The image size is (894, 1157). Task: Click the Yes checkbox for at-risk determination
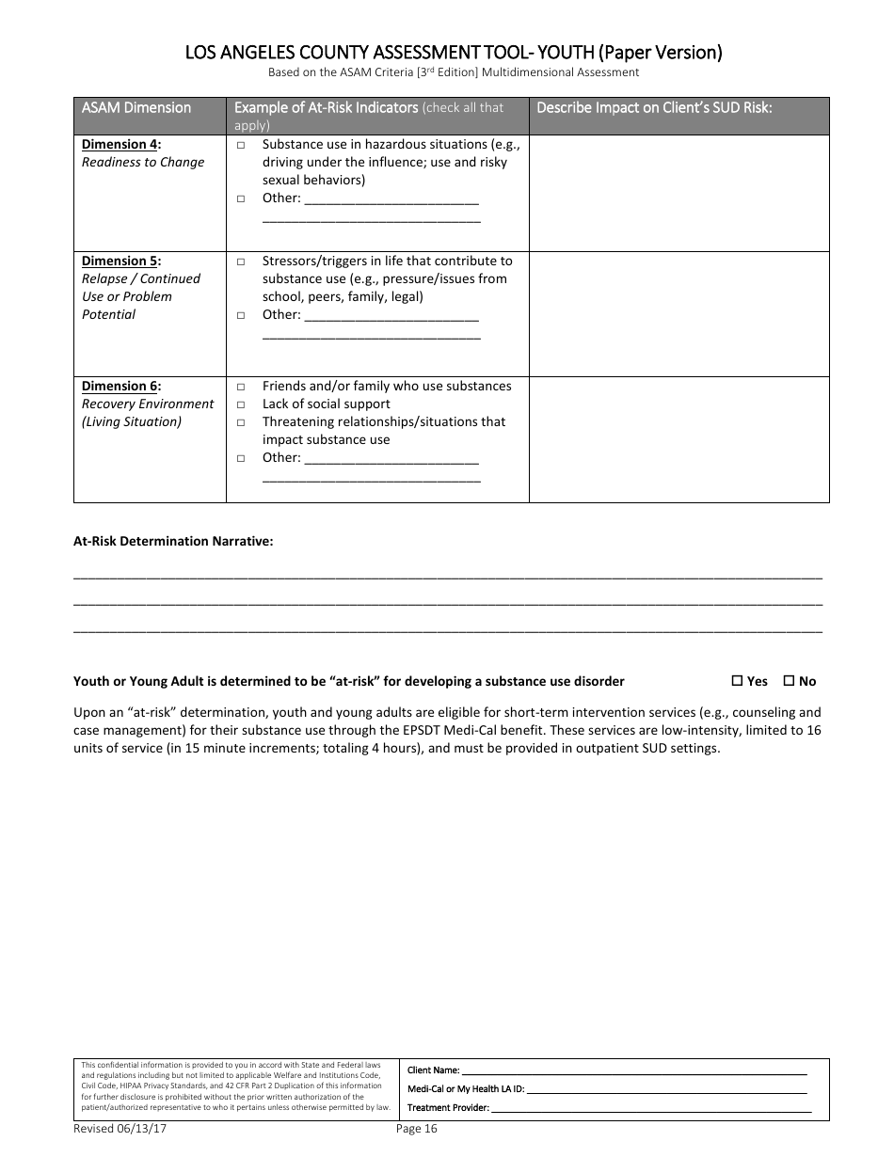[738, 681]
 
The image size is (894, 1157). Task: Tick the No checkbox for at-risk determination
[790, 681]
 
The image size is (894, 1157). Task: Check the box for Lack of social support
[241, 404]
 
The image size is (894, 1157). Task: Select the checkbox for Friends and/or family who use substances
[241, 387]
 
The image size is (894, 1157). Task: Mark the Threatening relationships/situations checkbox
[241, 422]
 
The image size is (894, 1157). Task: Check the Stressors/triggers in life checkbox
[241, 262]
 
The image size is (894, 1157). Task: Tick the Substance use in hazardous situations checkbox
[241, 145]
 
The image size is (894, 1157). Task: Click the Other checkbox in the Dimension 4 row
[241, 198]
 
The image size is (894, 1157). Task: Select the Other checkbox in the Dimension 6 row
[241, 458]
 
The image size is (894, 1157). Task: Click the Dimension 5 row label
[120, 261]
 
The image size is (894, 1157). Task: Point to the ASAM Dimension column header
[136, 107]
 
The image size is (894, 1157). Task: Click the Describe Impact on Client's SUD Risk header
[654, 107]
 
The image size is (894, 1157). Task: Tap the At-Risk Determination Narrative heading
[173, 541]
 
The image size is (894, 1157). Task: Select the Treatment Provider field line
[648, 1108]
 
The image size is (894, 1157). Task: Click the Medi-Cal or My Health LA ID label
[465, 1089]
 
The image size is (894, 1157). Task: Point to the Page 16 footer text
[417, 1129]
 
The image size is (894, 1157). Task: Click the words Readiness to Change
[143, 163]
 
